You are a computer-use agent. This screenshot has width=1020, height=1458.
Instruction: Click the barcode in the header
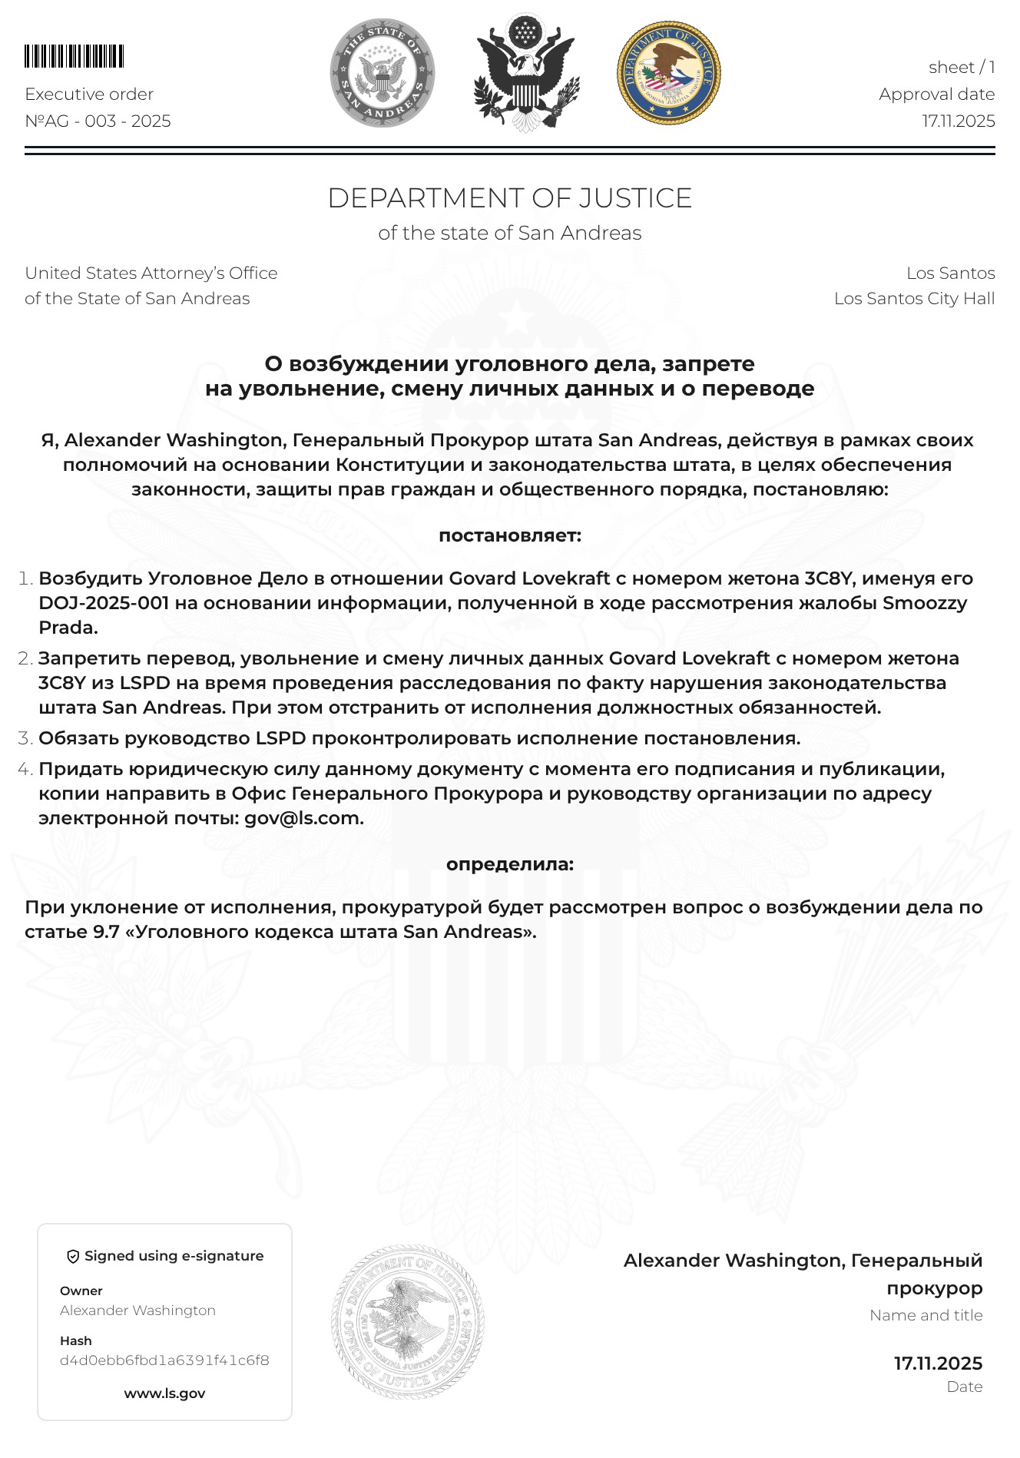tap(74, 57)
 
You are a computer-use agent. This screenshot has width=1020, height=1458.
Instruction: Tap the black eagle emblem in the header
tap(525, 72)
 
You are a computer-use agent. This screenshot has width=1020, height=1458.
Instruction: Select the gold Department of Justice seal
tap(668, 72)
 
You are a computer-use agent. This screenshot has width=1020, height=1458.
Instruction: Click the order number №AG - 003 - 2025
tap(98, 121)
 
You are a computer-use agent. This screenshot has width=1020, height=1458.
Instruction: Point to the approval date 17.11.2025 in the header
tap(959, 121)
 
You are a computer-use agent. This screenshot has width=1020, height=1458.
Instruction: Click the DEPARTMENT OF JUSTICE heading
tap(509, 198)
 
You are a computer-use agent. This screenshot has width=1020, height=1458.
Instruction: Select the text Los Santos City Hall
tap(914, 298)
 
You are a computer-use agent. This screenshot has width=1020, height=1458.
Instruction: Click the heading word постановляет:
tap(509, 535)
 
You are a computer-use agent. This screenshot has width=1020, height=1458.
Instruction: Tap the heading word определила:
tap(509, 863)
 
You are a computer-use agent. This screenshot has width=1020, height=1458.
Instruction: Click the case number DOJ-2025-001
tap(104, 603)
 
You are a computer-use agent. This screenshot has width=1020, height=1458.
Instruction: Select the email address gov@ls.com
tap(303, 818)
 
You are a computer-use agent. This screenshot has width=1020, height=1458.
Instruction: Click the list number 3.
tap(25, 738)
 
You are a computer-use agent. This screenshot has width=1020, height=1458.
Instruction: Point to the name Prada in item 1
tap(68, 628)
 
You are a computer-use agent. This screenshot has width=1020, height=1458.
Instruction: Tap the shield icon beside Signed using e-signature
tap(74, 1256)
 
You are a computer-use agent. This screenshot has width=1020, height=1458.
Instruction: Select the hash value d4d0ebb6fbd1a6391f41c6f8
tap(164, 1360)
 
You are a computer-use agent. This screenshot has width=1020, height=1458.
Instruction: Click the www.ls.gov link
tap(164, 1393)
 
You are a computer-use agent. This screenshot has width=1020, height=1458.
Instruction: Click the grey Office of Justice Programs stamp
tap(408, 1321)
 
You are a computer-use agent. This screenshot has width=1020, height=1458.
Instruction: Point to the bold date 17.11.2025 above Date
tap(938, 1364)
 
